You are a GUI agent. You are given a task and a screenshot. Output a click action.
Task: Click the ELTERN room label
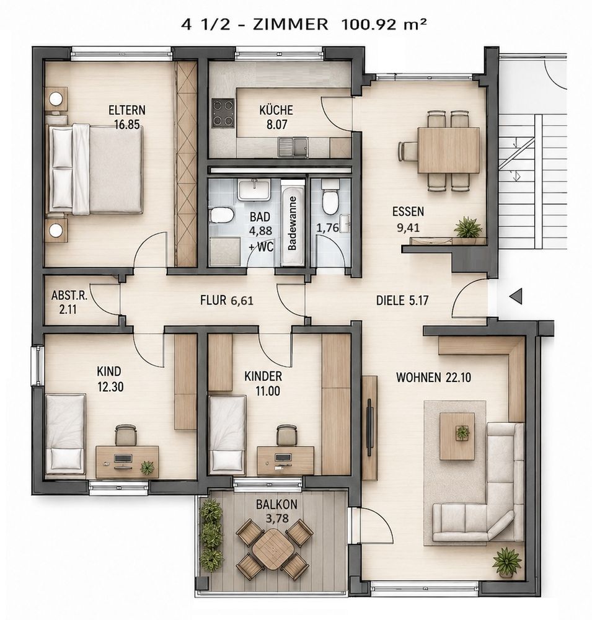point(127,110)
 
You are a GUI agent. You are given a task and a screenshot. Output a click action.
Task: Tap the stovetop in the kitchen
point(223,113)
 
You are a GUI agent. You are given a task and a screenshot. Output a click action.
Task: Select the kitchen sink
point(293,146)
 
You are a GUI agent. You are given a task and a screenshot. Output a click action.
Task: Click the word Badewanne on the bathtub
point(292,223)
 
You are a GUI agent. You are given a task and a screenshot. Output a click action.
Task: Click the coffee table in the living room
point(457,436)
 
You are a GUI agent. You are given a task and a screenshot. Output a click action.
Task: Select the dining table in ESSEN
point(448,150)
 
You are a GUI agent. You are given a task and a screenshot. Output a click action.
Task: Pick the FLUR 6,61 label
point(227,301)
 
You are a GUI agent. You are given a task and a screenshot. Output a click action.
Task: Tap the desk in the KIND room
point(127,461)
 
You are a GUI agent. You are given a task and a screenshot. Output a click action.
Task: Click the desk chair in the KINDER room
point(286,436)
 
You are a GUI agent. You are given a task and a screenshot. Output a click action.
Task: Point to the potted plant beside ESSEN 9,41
point(468,228)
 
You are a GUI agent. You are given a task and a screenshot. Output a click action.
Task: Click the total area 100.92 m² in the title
point(384,25)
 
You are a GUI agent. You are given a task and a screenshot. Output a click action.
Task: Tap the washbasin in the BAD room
point(254,189)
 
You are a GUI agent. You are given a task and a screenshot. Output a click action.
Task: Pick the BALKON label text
point(276,505)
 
